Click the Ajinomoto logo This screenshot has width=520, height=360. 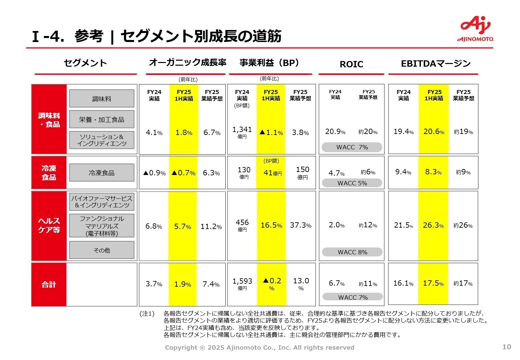click(475, 29)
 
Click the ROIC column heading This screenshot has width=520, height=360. click(351, 64)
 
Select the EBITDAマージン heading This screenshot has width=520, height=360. click(435, 63)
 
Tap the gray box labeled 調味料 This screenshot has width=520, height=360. click(102, 99)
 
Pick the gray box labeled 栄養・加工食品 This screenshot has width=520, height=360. click(102, 119)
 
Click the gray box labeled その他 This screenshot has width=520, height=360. click(102, 250)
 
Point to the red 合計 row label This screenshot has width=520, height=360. click(49, 284)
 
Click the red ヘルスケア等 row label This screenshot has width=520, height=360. click(49, 225)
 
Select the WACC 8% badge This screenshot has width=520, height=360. click(352, 252)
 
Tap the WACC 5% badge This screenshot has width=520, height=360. click(352, 183)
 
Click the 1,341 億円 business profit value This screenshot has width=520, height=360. click(242, 132)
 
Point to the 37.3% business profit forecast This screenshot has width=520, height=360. click(300, 225)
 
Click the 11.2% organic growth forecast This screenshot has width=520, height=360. click(211, 227)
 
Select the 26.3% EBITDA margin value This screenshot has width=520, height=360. click(433, 225)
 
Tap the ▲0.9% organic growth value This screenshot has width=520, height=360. click(154, 173)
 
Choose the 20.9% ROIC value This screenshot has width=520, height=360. click(335, 132)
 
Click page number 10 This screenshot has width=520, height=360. click(506, 347)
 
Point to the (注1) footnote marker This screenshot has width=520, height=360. click(147, 314)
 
